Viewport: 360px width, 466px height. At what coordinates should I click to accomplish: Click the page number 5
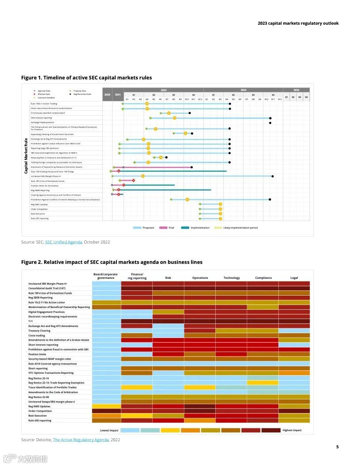pyautogui.click(x=337, y=447)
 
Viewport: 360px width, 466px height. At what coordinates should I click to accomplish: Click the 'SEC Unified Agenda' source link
pyautogui.click(x=64, y=242)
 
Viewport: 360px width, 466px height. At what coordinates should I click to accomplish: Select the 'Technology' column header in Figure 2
pyautogui.click(x=232, y=278)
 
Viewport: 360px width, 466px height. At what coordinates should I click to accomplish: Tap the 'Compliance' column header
pyautogui.click(x=263, y=278)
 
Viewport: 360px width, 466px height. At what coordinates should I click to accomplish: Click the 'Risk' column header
pyautogui.click(x=168, y=278)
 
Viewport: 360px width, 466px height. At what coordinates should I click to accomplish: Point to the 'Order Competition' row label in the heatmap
pyautogui.click(x=40, y=411)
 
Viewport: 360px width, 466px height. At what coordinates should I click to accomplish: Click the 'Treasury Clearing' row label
pyautogui.click(x=39, y=331)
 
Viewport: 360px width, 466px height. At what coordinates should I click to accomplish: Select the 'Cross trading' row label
pyautogui.click(x=37, y=335)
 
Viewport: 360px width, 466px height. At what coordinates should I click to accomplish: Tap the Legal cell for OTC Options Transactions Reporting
pyautogui.click(x=294, y=373)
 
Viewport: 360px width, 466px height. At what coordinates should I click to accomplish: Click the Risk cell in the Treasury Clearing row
pyautogui.click(x=168, y=331)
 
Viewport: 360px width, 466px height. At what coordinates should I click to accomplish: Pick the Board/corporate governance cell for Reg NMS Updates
pyautogui.click(x=106, y=406)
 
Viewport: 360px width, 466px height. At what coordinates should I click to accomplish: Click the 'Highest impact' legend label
pyautogui.click(x=292, y=430)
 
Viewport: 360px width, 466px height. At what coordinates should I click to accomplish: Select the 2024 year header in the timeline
pyautogui.click(x=296, y=90)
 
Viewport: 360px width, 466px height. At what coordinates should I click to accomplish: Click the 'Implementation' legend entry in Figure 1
pyautogui.click(x=196, y=228)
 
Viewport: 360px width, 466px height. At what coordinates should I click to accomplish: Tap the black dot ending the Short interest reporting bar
pyautogui.click(x=270, y=118)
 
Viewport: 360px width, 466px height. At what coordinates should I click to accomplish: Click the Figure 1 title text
pyautogui.click(x=86, y=78)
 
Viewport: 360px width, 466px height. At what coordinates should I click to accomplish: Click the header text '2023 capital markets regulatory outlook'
pyautogui.click(x=298, y=23)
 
